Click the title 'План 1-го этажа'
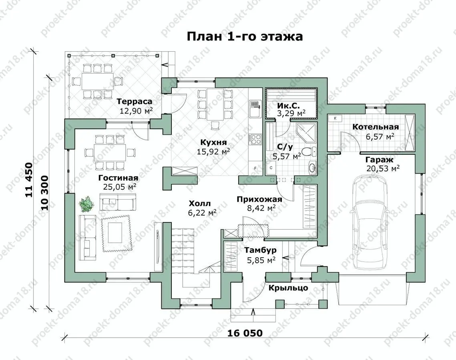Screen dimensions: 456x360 (245, 36)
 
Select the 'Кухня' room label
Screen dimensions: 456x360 (213, 142)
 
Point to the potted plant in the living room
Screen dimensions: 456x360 (86, 204)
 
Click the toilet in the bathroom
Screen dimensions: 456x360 (308, 151)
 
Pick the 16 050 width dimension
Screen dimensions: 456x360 (245, 333)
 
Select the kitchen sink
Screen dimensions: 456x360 (253, 109)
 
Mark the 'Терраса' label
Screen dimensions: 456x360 (135, 102)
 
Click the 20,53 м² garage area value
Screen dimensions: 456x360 (383, 168)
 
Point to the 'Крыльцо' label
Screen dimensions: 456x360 (288, 288)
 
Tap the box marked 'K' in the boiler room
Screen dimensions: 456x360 (335, 118)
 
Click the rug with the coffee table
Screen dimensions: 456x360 (115, 233)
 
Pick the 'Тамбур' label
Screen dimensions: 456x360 (261, 250)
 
